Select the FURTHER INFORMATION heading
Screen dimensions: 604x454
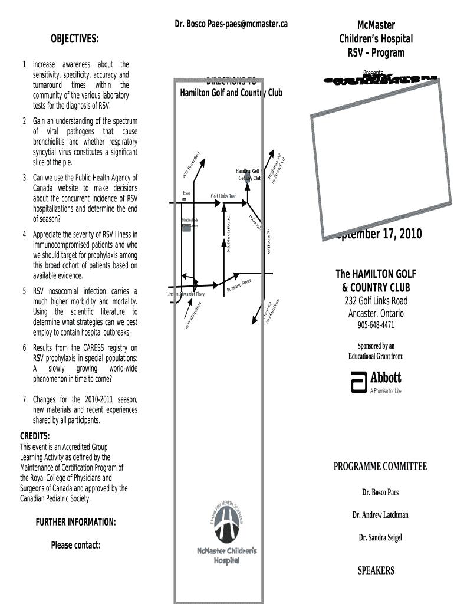[x=75, y=523]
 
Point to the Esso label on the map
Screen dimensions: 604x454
[x=186, y=193]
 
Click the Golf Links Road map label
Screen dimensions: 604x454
[x=223, y=196]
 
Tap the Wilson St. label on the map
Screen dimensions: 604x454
[x=269, y=241]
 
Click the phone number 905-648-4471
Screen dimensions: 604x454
[x=376, y=326]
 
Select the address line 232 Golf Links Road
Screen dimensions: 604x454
[x=376, y=301]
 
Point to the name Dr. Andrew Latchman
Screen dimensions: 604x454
[x=380, y=515]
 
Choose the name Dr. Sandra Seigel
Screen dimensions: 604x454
[x=380, y=537]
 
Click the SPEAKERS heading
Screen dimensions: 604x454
[x=376, y=570]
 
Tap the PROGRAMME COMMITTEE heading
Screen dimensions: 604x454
[x=380, y=467]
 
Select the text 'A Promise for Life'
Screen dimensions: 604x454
[x=385, y=391]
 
